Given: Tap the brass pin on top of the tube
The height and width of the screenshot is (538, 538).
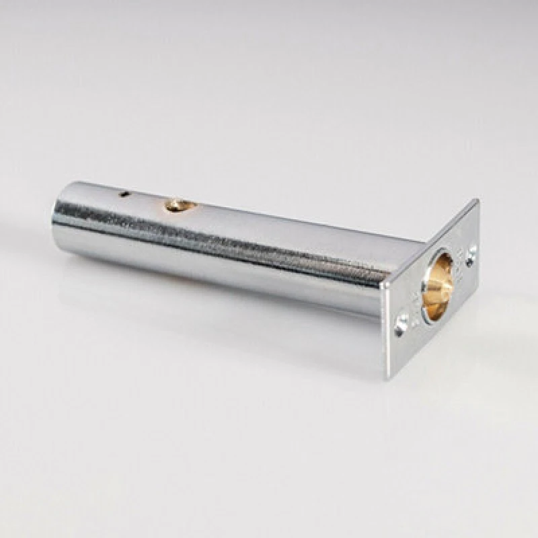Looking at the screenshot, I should point(178,204).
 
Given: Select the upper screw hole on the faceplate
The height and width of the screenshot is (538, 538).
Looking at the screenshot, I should point(471,254).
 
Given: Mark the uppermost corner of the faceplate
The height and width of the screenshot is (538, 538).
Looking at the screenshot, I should point(477,200).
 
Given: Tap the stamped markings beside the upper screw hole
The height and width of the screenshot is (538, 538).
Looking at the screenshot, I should point(463,269).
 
